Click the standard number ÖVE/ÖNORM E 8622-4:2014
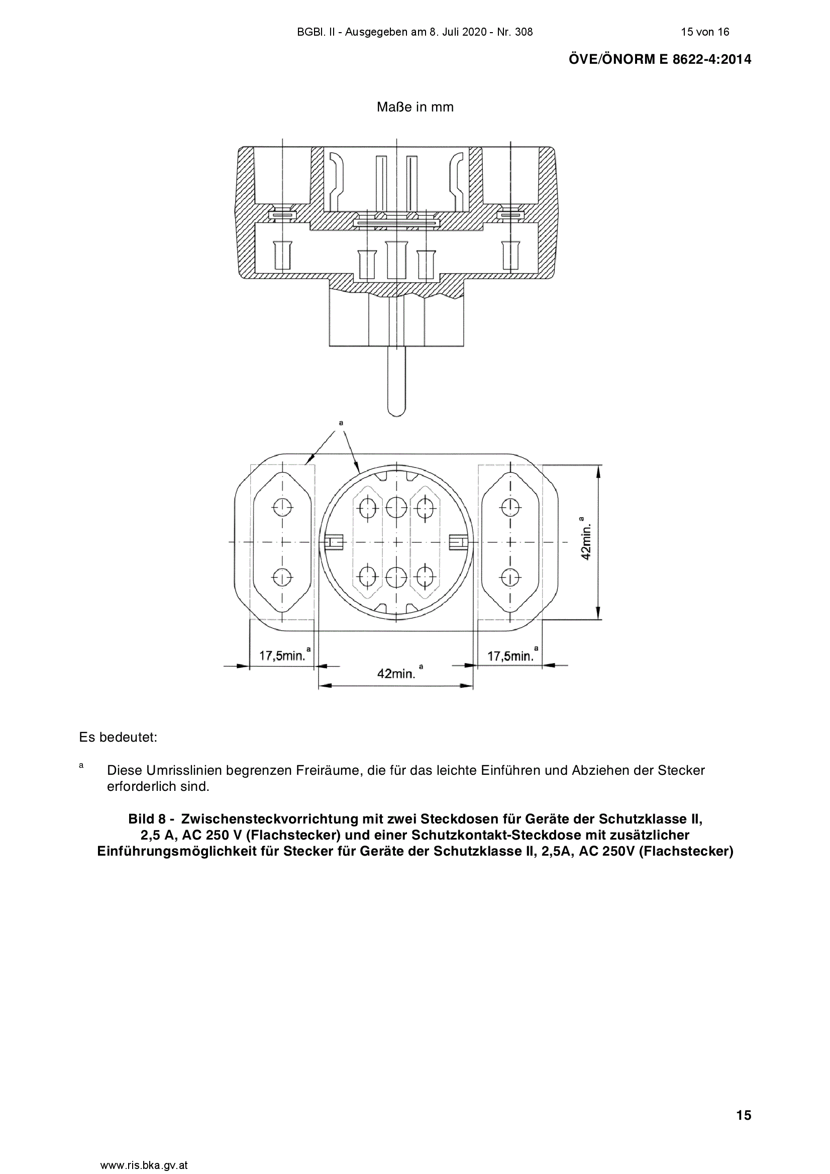tap(660, 59)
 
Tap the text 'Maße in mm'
tap(415, 107)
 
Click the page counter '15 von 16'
tap(704, 32)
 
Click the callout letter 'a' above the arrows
tap(341, 423)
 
